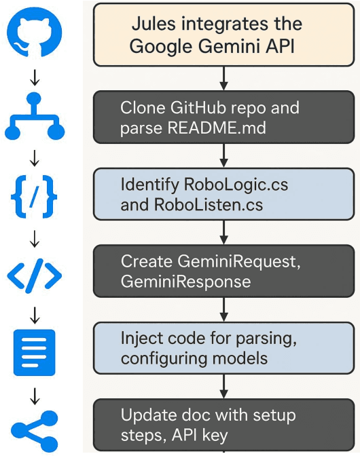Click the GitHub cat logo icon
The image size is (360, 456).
pyautogui.click(x=35, y=34)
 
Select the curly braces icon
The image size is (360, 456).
pyautogui.click(x=35, y=197)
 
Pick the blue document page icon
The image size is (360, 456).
pyautogui.click(x=35, y=352)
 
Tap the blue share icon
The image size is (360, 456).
pyautogui.click(x=35, y=430)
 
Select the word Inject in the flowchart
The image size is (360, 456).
pyautogui.click(x=140, y=338)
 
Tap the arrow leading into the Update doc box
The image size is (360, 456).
pyautogui.click(x=224, y=387)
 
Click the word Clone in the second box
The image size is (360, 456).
pyautogui.click(x=142, y=109)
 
